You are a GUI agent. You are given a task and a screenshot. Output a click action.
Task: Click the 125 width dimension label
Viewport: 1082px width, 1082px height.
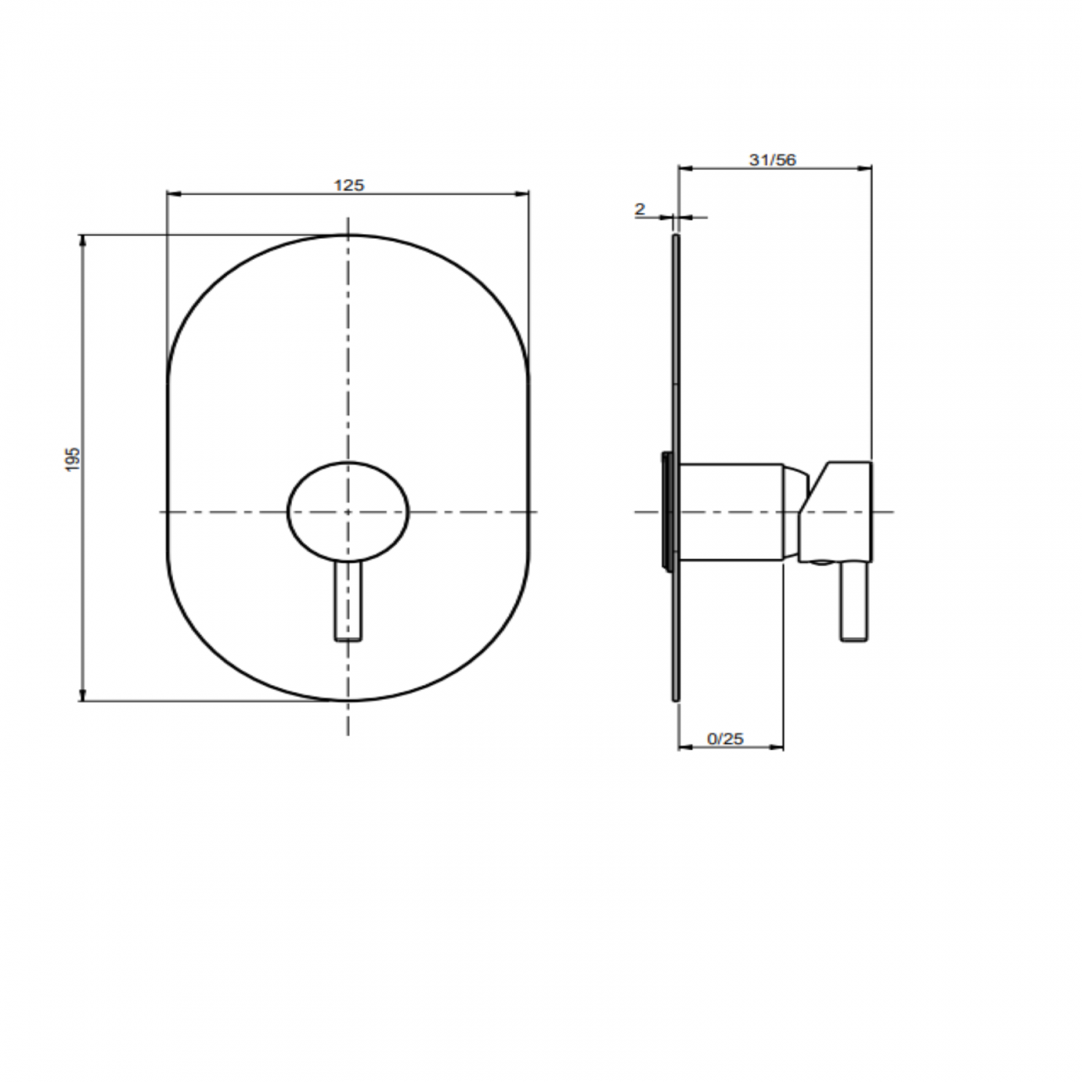pos(349,186)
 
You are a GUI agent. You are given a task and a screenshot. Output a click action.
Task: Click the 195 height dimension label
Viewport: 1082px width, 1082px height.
pos(72,460)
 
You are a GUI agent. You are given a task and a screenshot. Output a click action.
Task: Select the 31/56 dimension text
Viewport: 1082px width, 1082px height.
pos(772,161)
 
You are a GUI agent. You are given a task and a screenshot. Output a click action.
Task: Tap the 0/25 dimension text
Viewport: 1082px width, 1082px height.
pos(725,738)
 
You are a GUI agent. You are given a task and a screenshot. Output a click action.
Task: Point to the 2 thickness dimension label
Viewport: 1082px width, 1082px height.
pos(640,209)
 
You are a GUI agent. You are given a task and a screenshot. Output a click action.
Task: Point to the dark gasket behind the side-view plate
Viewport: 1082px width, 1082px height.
pos(665,511)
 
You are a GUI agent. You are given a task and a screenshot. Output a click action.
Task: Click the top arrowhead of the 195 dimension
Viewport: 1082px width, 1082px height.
pos(82,241)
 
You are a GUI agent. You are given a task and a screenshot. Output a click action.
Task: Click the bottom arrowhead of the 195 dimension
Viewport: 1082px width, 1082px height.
pos(82,695)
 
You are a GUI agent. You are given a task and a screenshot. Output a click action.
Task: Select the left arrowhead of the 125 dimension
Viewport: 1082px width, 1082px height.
pos(174,195)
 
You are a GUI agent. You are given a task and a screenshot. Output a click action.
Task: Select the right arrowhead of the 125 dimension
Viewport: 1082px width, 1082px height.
pos(523,195)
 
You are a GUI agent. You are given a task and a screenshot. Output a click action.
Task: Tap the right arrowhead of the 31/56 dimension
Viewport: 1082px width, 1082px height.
pos(866,168)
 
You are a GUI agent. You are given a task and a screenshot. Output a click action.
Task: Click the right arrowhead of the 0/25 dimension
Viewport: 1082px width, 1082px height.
pos(777,747)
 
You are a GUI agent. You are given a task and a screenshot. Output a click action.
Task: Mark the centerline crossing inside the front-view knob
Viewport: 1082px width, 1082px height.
pos(348,511)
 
